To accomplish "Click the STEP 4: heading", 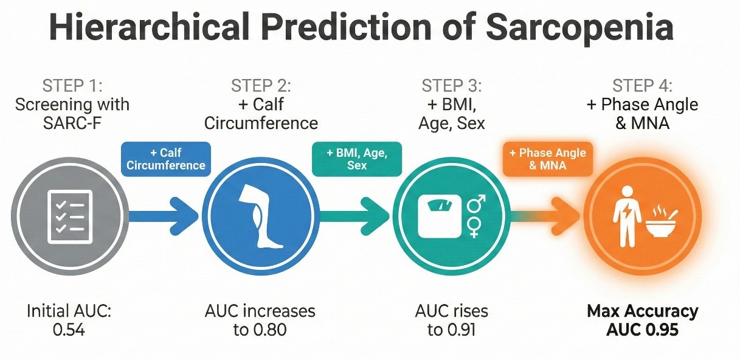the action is (x=643, y=86).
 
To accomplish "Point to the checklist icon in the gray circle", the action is (x=70, y=216).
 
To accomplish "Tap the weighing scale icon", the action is (x=440, y=216).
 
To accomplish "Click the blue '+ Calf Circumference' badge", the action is (x=166, y=159).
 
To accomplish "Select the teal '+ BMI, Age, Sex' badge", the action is (x=357, y=159).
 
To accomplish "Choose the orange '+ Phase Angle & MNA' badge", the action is (x=547, y=159).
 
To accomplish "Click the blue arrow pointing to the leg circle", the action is (x=163, y=216).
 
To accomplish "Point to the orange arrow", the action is (x=545, y=216).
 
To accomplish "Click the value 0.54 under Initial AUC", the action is (x=69, y=330).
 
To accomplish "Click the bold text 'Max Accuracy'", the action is (x=643, y=312).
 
